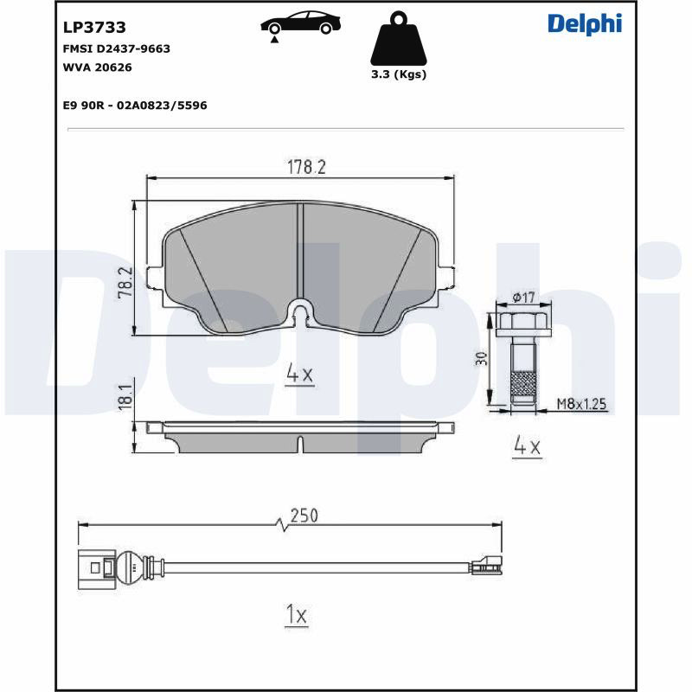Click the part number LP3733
94,28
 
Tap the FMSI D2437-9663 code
117,48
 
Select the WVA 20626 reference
98,67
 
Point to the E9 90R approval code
135,106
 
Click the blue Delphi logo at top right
585,24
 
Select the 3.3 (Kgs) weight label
399,74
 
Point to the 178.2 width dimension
306,167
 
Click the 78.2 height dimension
125,283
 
